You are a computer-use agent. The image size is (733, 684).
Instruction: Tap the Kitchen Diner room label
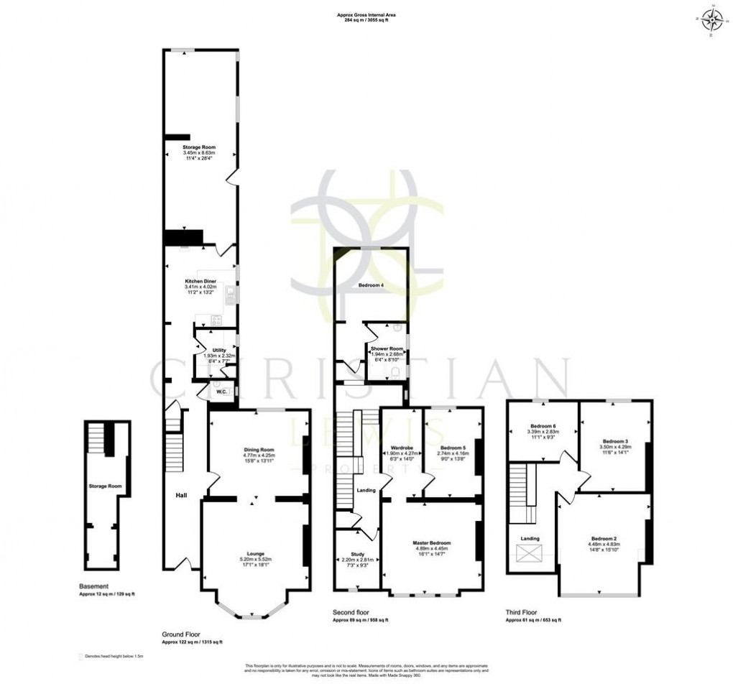pos(200,282)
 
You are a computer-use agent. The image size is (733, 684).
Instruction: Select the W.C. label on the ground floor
pos(221,392)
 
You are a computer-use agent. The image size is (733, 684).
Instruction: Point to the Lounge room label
pos(256,553)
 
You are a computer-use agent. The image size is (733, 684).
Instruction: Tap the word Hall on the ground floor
pos(183,494)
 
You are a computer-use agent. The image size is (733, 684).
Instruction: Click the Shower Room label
pos(387,348)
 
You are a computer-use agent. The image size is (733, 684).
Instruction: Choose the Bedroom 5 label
pos(453,448)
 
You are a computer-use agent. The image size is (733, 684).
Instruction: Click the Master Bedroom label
pos(432,542)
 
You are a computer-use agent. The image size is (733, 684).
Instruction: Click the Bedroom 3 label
pos(616,440)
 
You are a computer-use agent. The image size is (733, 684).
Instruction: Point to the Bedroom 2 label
pos(604,539)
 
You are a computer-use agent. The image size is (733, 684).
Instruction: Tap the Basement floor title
pos(94,586)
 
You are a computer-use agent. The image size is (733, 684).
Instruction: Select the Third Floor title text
pos(523,612)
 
